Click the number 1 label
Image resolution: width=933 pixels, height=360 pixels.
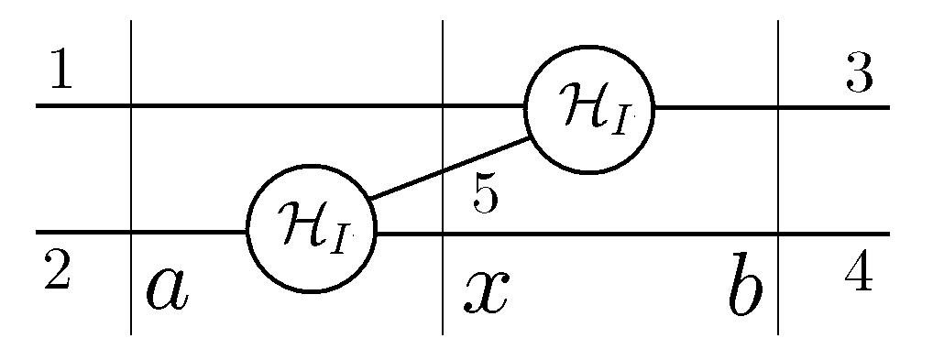(x=60, y=72)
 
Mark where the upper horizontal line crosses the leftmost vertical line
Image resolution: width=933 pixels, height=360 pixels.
(x=133, y=106)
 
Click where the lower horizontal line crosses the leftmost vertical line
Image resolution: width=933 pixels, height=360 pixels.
(x=133, y=233)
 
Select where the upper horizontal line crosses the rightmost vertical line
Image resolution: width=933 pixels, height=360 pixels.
(x=778, y=107)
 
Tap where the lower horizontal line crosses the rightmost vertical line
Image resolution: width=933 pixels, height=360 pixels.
(x=778, y=234)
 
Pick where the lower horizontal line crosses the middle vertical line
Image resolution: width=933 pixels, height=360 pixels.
(x=443, y=233)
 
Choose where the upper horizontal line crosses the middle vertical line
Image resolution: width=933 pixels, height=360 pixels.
(x=443, y=106)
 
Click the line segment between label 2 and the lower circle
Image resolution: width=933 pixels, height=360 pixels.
(x=188, y=233)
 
